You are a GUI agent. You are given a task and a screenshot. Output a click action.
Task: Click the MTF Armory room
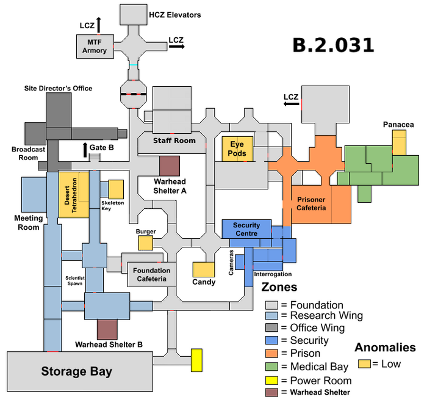[x=95, y=46]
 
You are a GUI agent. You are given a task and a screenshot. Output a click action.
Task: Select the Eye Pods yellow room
[x=237, y=149]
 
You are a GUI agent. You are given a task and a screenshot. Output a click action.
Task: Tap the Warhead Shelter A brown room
[x=170, y=166]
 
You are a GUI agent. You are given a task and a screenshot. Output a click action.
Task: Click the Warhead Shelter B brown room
[x=107, y=329]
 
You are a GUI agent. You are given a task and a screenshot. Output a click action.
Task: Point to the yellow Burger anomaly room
[x=145, y=243]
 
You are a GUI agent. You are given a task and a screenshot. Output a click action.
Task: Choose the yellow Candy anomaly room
[x=204, y=269]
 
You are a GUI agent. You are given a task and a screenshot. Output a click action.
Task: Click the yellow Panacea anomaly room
[x=399, y=142]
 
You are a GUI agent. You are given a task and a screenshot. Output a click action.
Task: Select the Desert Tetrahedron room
[x=74, y=195]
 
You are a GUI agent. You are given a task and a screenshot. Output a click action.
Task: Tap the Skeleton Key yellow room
[x=116, y=189]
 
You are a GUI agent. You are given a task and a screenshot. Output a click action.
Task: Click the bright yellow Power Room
[x=196, y=360]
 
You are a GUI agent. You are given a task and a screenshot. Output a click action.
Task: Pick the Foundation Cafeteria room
[x=152, y=275]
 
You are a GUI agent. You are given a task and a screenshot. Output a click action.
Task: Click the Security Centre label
[x=246, y=229]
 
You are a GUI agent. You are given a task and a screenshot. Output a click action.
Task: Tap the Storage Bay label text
[x=76, y=371]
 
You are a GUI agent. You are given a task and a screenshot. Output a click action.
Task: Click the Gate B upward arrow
[x=85, y=150]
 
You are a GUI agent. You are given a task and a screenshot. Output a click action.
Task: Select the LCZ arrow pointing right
[x=177, y=46]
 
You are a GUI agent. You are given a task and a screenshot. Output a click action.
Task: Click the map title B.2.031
[x=333, y=45]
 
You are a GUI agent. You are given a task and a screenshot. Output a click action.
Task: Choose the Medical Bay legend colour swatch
[x=272, y=367]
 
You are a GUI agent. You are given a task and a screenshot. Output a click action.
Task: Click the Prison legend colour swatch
[x=272, y=354]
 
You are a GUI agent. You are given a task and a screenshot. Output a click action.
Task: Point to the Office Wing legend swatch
[x=272, y=327]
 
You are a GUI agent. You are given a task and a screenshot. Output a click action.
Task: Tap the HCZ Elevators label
[x=175, y=15]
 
